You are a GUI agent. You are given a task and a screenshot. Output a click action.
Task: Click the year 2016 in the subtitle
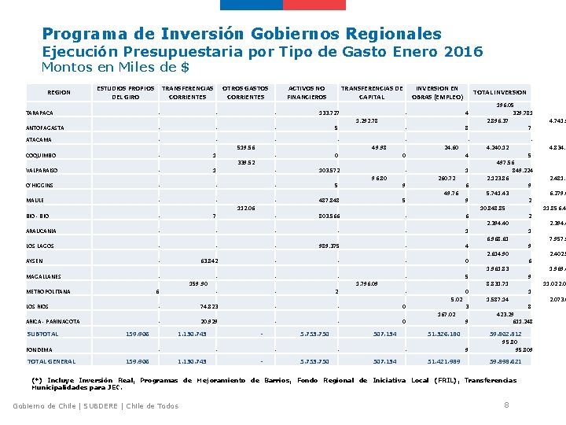[464, 52]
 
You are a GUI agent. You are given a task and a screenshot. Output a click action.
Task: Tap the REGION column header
[59, 93]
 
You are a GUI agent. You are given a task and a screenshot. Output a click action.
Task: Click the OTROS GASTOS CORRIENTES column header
[245, 93]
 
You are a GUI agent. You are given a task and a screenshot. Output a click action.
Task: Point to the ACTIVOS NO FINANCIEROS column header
[307, 93]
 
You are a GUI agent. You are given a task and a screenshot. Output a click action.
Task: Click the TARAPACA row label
[39, 113]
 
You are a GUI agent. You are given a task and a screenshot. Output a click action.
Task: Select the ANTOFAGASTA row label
[45, 128]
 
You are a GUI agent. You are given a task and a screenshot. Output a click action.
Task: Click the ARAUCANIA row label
[42, 231]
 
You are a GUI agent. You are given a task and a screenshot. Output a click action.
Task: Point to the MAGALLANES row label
[43, 277]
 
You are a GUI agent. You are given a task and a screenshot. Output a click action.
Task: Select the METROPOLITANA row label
[48, 292]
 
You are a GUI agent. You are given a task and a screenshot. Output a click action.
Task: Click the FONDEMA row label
[39, 349]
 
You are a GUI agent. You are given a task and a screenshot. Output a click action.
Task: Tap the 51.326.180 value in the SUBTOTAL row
[444, 334]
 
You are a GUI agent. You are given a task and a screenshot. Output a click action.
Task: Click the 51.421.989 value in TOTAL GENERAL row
[444, 362]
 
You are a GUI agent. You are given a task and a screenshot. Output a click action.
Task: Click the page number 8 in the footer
[506, 405]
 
